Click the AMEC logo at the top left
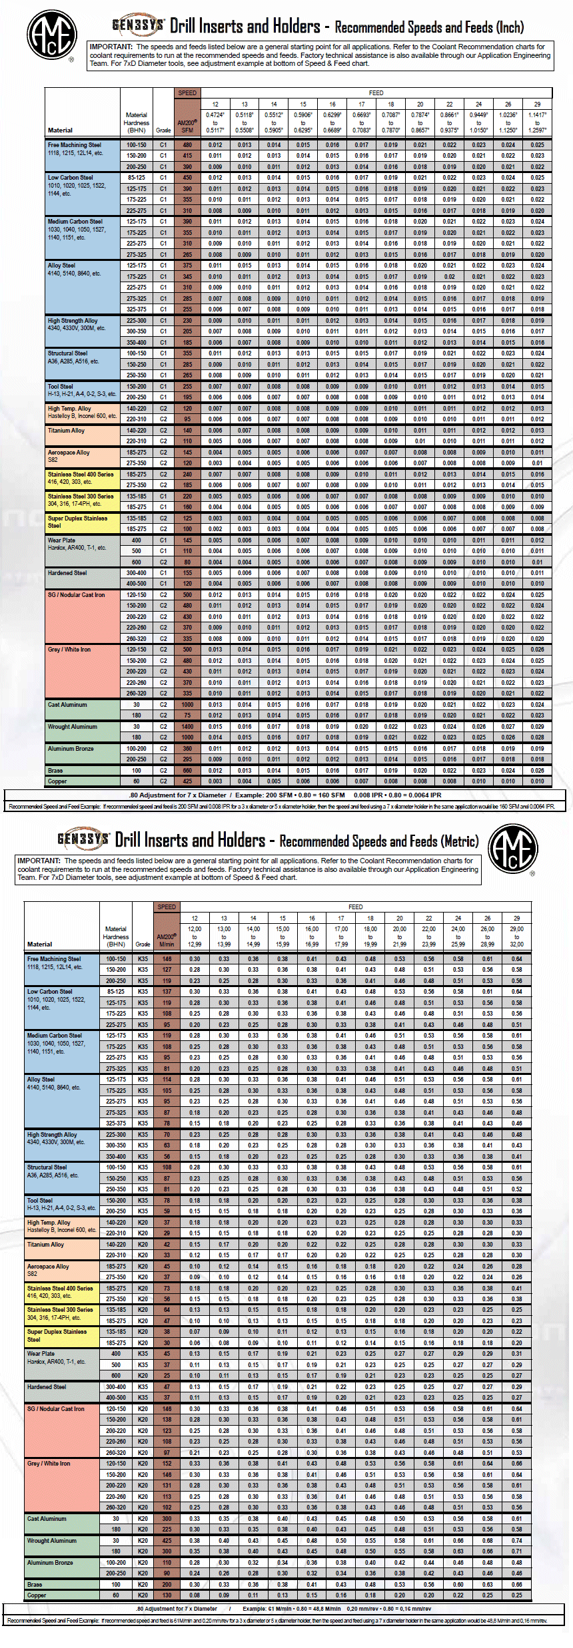51,35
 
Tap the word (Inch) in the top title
508,27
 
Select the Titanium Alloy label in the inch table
66,431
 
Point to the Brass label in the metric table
35,1584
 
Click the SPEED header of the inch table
187,93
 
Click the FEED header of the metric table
356,907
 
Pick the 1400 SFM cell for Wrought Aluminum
187,727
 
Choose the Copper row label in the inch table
57,781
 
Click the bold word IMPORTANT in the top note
111,47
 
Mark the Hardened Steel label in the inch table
67,573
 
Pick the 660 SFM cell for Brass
187,771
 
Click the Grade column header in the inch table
163,130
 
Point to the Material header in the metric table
39,944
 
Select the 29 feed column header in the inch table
537,104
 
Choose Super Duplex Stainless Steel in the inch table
77,521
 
